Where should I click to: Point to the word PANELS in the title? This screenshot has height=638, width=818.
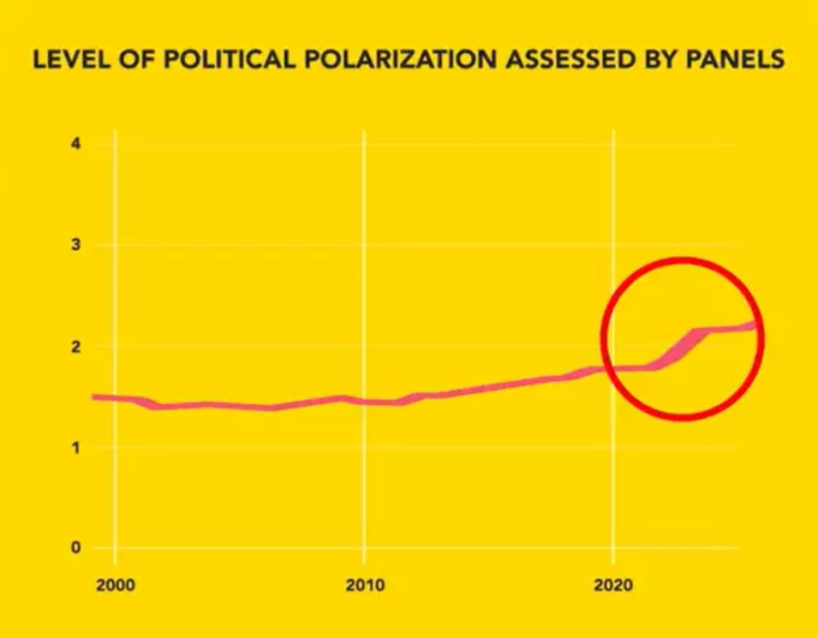pos(735,60)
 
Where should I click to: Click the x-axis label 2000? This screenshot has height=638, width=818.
pos(115,586)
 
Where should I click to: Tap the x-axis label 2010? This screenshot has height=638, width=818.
pos(365,586)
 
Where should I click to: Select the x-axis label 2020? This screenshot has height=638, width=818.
pos(613,586)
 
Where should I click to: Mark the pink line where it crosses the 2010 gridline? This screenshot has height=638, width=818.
pos(364,401)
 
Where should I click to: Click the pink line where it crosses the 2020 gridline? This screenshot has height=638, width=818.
pos(613,368)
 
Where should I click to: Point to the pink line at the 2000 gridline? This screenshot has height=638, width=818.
pos(115,399)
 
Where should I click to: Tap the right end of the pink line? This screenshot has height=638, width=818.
pos(755,325)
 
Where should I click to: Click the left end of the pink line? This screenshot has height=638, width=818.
pos(94,397)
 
